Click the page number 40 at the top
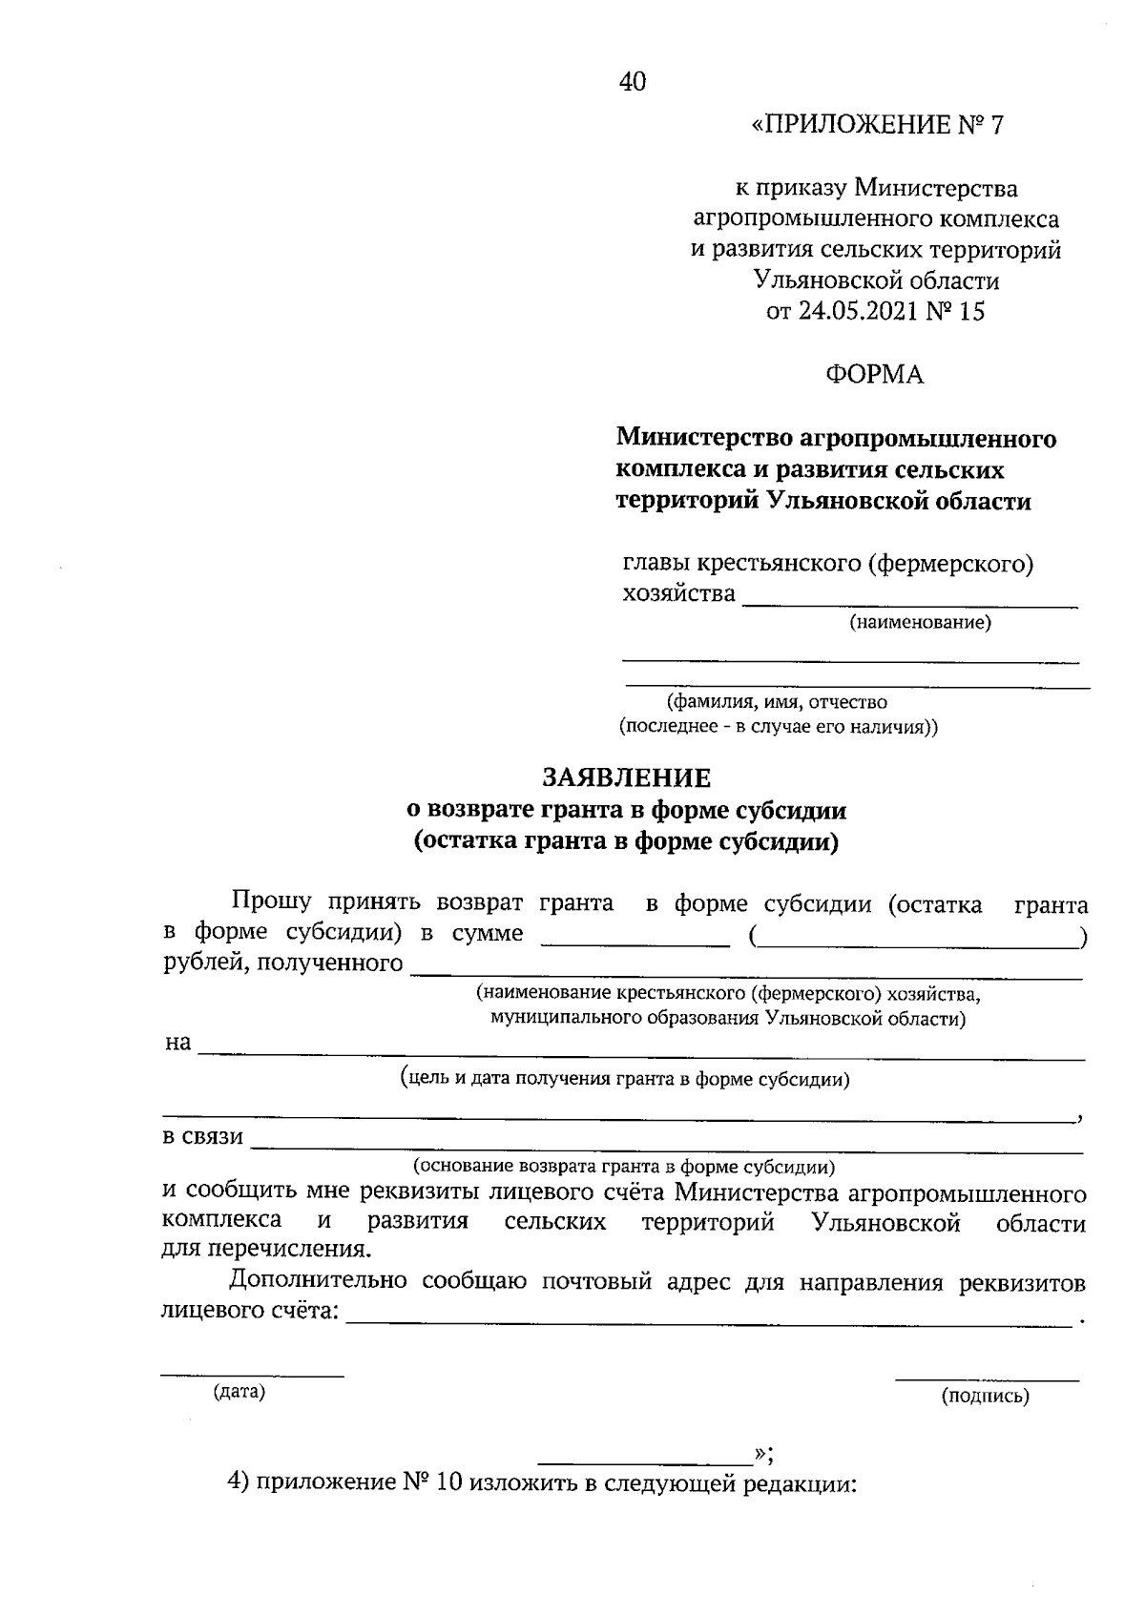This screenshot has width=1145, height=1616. pos(633,83)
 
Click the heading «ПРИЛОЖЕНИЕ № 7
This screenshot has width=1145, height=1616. pos(878,126)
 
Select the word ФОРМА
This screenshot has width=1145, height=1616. pos(875,376)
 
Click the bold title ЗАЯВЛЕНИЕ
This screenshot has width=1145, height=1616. pos(627,778)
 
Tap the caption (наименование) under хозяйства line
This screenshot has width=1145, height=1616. pos(921,624)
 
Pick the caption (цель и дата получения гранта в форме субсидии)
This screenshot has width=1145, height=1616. pos(625,1080)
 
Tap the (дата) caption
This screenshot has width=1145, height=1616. pos(239,1392)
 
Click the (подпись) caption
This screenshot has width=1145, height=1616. pos(986,1398)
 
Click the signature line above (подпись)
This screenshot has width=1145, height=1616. pos(987,1379)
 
